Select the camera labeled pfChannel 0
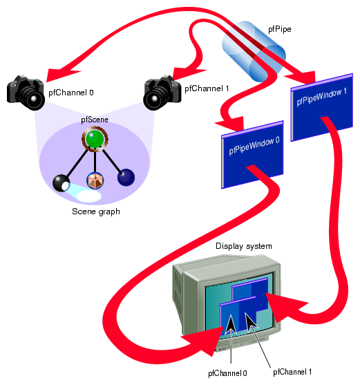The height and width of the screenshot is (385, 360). click(x=26, y=93)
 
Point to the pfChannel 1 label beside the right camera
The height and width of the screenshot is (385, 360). click(x=207, y=88)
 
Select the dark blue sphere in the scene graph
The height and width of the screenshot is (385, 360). click(x=126, y=178)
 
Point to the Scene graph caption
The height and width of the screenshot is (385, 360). click(x=95, y=212)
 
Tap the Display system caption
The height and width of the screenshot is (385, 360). click(x=244, y=246)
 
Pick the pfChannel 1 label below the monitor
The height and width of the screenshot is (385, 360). click(x=292, y=371)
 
